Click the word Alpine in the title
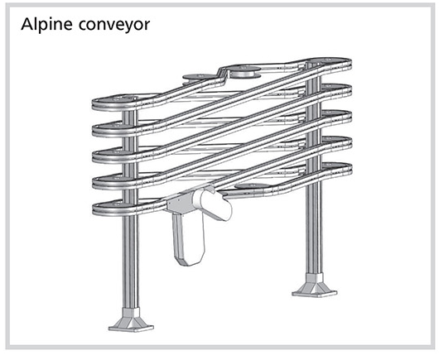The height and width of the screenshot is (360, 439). point(46,25)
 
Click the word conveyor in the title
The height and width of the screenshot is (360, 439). point(114,25)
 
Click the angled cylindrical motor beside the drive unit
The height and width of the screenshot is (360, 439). point(215,204)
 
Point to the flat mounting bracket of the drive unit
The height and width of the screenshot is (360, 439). point(179,203)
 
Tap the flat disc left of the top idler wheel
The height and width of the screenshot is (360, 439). point(200,77)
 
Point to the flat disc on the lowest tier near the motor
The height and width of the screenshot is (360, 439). point(253,186)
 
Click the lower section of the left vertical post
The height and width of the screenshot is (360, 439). point(131,263)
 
